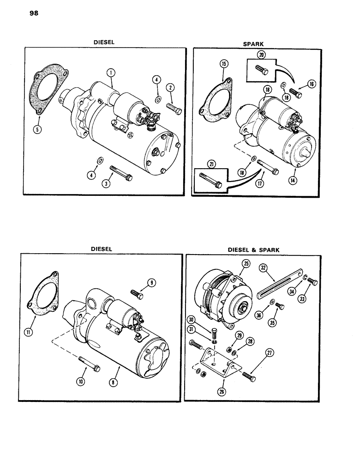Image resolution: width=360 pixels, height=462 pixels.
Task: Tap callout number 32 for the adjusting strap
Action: tap(275, 267)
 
